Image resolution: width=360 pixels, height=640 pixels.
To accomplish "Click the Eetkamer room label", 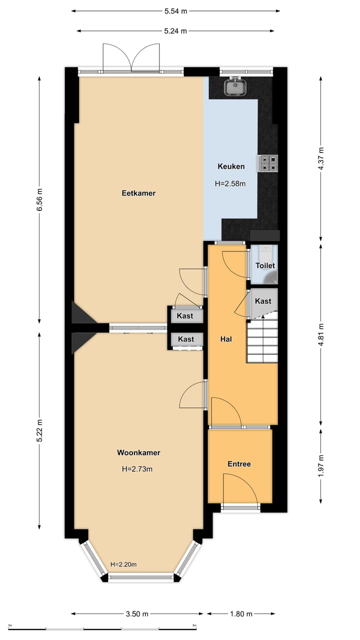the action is [138, 193].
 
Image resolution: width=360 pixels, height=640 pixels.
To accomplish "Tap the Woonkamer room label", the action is [138, 452].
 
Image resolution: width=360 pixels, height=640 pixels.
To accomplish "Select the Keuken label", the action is [231, 166].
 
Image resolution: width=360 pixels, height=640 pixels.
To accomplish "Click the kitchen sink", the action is [235, 86].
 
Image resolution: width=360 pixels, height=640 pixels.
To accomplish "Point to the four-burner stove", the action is [267, 163].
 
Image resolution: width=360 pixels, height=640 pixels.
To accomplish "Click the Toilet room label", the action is [265, 265].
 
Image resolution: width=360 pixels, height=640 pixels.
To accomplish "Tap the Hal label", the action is [226, 339].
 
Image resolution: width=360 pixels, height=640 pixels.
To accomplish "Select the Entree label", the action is [239, 464].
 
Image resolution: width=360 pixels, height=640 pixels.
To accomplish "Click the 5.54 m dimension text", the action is [175, 11].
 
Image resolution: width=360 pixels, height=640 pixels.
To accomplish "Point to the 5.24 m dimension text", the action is [175, 31].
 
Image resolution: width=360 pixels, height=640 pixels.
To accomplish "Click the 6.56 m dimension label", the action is [39, 199].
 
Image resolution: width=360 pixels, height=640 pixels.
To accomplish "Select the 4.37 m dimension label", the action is [321, 158].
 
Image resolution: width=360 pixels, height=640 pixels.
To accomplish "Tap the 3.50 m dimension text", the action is [137, 613].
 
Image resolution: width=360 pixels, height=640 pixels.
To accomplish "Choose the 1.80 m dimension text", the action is [241, 613].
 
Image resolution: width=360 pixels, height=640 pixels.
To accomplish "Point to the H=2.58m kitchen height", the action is [230, 183].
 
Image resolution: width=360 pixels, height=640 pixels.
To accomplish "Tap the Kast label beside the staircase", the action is [263, 301].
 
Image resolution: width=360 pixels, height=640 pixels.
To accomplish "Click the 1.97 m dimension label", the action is [321, 465].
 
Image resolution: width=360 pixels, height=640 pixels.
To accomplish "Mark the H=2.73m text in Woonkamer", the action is [137, 469].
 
